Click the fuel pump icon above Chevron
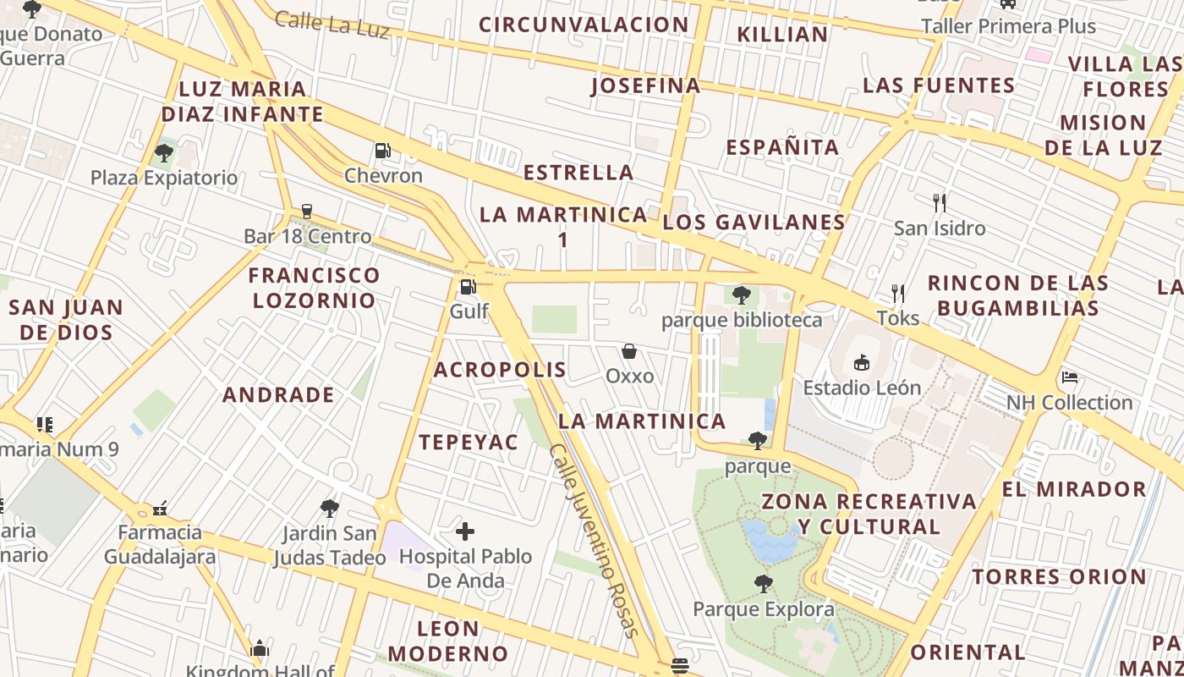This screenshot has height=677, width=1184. pos(382,151)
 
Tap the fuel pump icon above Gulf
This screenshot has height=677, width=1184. pos(468,286)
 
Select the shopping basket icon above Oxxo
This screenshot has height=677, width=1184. pos(629,351)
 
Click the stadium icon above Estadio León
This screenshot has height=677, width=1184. pos(861,363)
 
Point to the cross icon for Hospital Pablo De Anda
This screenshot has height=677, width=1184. pos(465,531)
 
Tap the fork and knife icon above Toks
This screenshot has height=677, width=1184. pos(898,294)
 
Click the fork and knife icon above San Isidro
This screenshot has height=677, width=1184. pos(939,203)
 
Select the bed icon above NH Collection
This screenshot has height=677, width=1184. pos(1069,377)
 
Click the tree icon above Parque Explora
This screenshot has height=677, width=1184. pos(763,584)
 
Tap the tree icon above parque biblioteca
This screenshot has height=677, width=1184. pos(742,295)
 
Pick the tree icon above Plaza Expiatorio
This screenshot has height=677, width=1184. pos(164,153)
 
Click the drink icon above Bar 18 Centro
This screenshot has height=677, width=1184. pos(307,212)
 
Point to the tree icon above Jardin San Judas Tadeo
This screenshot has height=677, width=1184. pos(330,509)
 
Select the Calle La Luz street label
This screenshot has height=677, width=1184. pos(332,25)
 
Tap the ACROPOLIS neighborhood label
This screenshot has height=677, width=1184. pos(500,370)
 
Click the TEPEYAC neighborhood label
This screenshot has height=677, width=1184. pos(469,442)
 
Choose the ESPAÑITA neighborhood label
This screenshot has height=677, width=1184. pos(782,147)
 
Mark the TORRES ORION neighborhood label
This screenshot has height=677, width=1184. pos(1059,577)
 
